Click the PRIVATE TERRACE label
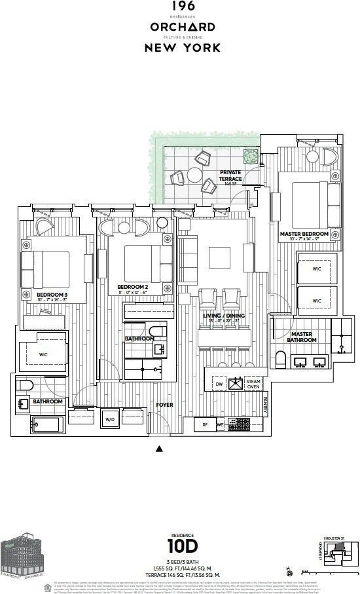coord(230,176)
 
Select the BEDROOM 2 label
coord(134,287)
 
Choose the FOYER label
coord(164,405)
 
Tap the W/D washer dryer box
coord(109,420)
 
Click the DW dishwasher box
coord(219,384)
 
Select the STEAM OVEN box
coord(253,384)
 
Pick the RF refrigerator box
coord(205,424)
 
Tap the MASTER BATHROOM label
coord(301,337)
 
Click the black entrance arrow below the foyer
coord(158,449)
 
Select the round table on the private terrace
coord(195,174)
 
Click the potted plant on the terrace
coord(250,157)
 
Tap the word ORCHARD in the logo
coord(182,27)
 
